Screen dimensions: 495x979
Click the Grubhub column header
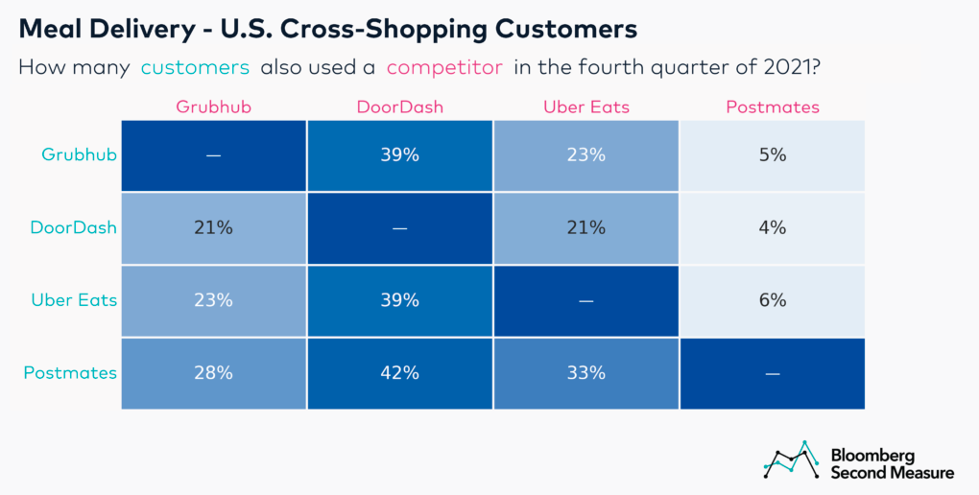(x=213, y=106)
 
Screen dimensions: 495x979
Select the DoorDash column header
(x=399, y=106)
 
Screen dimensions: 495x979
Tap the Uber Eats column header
(x=585, y=106)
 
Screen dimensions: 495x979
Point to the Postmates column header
(x=772, y=106)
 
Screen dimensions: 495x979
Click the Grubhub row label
(x=79, y=153)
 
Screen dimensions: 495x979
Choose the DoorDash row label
(x=73, y=227)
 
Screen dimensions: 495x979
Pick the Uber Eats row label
(x=73, y=300)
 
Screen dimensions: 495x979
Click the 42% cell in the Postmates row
(x=399, y=373)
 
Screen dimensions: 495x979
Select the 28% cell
(x=213, y=373)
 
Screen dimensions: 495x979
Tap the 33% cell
(x=585, y=373)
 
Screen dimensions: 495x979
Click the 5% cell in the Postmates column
(x=772, y=154)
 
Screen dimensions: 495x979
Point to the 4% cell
(x=772, y=227)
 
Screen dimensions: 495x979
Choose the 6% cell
(x=772, y=300)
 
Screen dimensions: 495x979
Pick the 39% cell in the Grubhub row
(x=399, y=154)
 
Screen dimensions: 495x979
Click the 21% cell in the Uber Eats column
(x=585, y=227)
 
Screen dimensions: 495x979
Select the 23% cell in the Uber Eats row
(x=213, y=300)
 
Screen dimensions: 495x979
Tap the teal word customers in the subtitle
(x=196, y=68)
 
